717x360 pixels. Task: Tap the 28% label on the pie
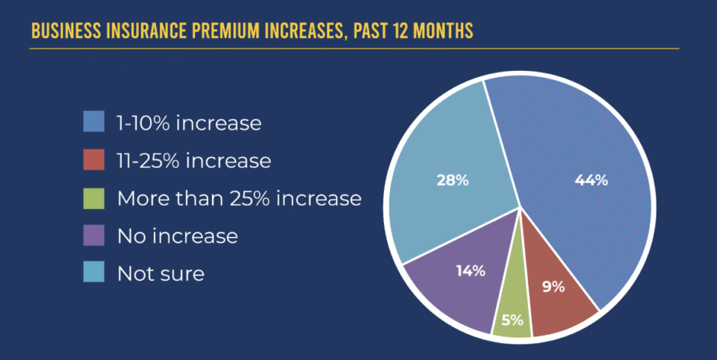pyautogui.click(x=453, y=180)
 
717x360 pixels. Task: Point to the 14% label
pyautogui.click(x=471, y=270)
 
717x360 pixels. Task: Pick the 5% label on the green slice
pyautogui.click(x=512, y=321)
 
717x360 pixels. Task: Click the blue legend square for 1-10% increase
pyautogui.click(x=93, y=122)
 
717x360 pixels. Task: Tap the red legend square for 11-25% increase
pyautogui.click(x=93, y=160)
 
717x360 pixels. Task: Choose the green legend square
pyautogui.click(x=93, y=198)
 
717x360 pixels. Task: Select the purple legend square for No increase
pyautogui.click(x=93, y=236)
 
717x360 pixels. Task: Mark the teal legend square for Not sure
pyautogui.click(x=93, y=273)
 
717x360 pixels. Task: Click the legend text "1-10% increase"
pyautogui.click(x=189, y=122)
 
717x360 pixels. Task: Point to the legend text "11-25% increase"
pyautogui.click(x=193, y=161)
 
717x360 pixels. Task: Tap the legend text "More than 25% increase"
pyautogui.click(x=239, y=199)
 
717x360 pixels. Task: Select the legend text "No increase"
pyautogui.click(x=177, y=237)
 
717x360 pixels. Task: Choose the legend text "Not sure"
pyautogui.click(x=161, y=274)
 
